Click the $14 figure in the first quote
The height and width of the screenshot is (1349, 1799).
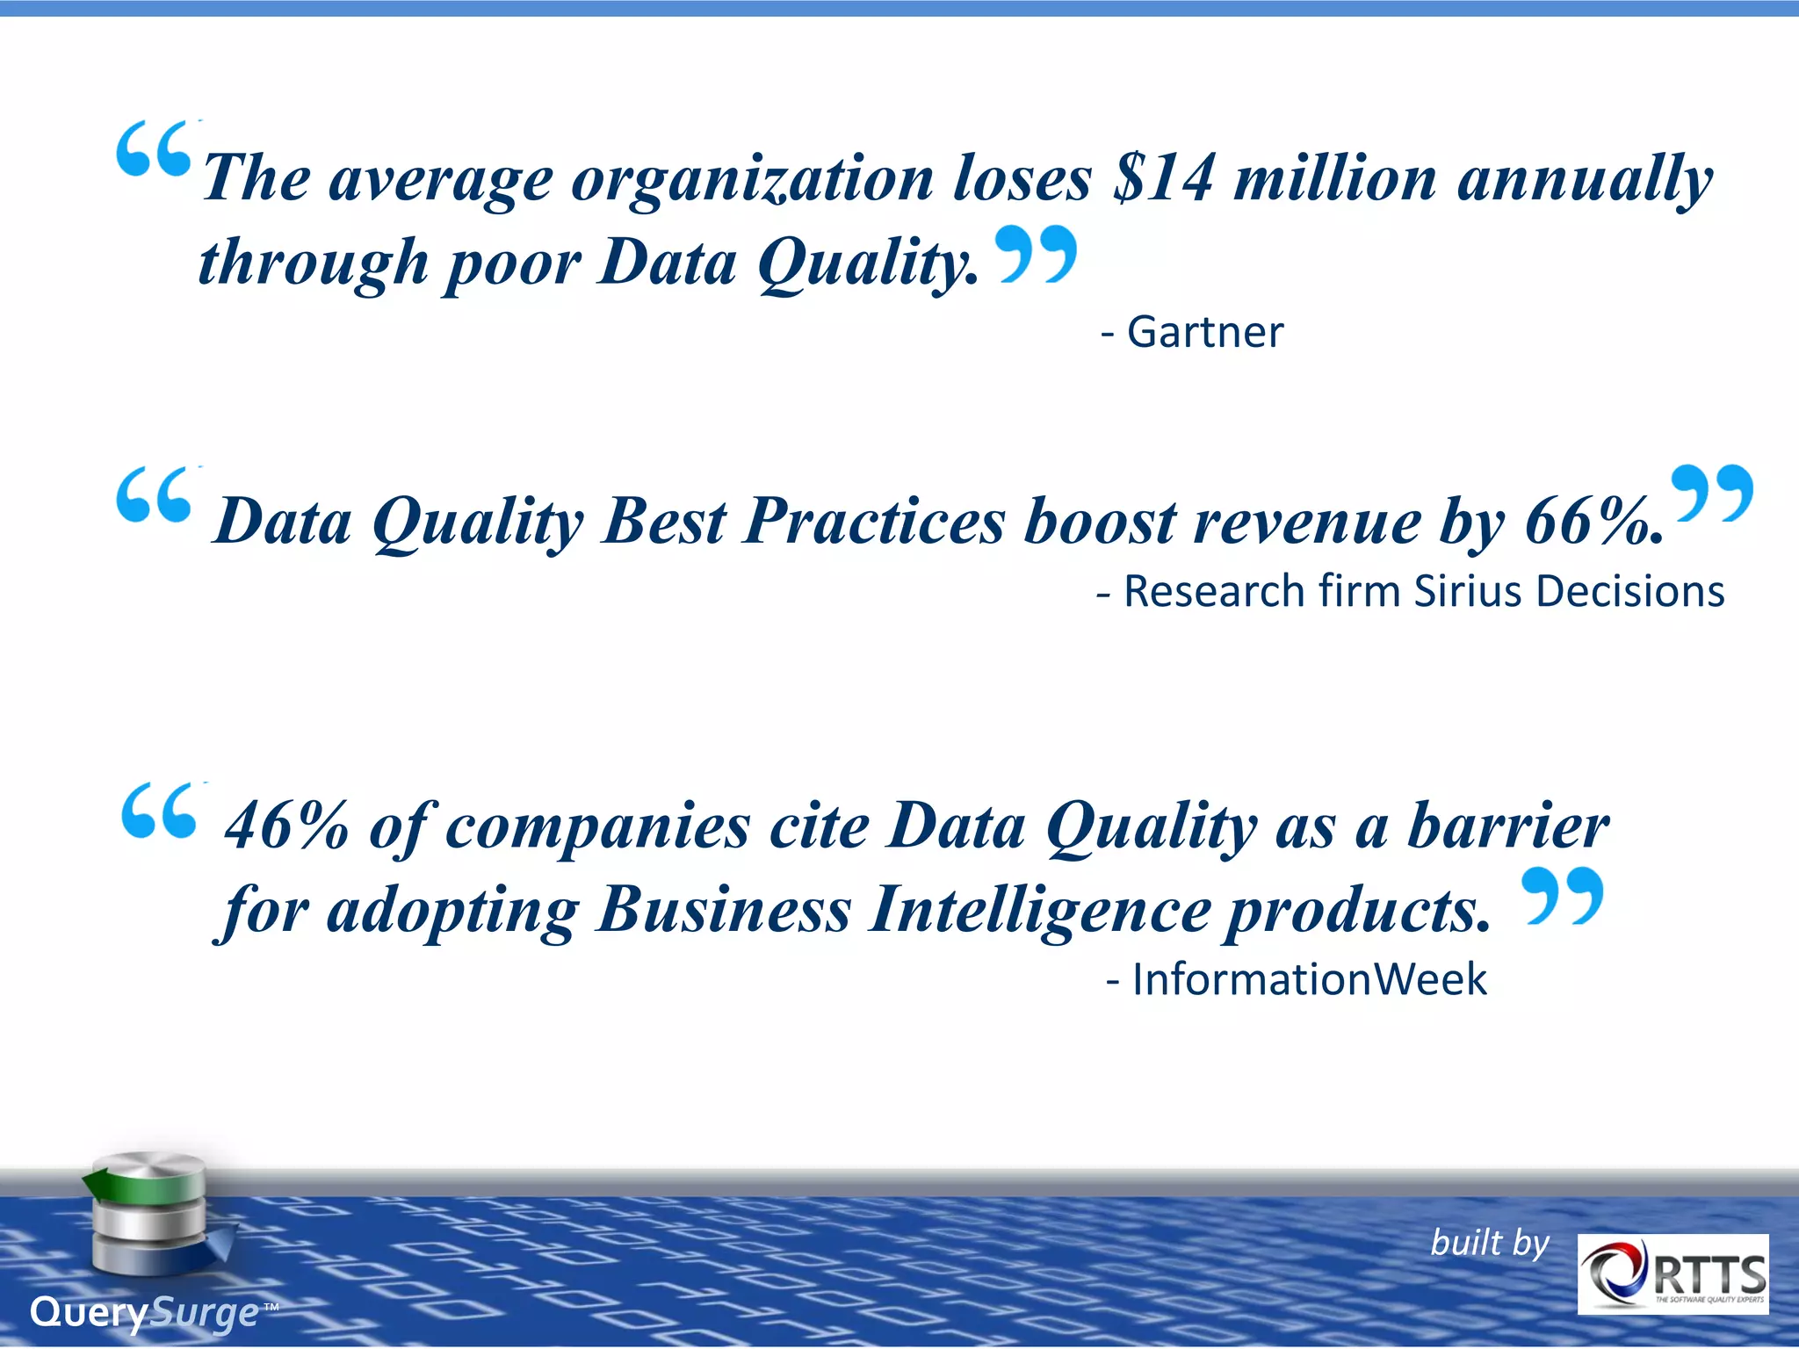click(1163, 178)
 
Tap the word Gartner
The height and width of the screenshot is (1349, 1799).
click(1204, 332)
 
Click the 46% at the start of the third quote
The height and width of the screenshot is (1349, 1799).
click(286, 826)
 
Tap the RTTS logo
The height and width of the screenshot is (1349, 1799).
click(1673, 1274)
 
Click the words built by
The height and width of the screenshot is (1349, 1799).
click(1489, 1243)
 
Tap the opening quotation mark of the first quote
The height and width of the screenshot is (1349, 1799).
click(154, 149)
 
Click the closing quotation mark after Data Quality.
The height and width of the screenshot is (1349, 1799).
click(1037, 253)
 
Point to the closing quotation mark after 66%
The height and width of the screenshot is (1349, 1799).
click(1711, 494)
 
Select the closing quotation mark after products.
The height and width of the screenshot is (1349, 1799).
click(1562, 896)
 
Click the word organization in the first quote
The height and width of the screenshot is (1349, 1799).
click(752, 180)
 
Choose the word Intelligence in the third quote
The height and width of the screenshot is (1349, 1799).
click(1039, 909)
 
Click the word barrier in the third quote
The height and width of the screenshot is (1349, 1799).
click(1507, 826)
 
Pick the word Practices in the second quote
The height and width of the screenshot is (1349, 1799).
click(874, 522)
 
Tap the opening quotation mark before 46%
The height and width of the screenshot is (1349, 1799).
click(159, 811)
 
